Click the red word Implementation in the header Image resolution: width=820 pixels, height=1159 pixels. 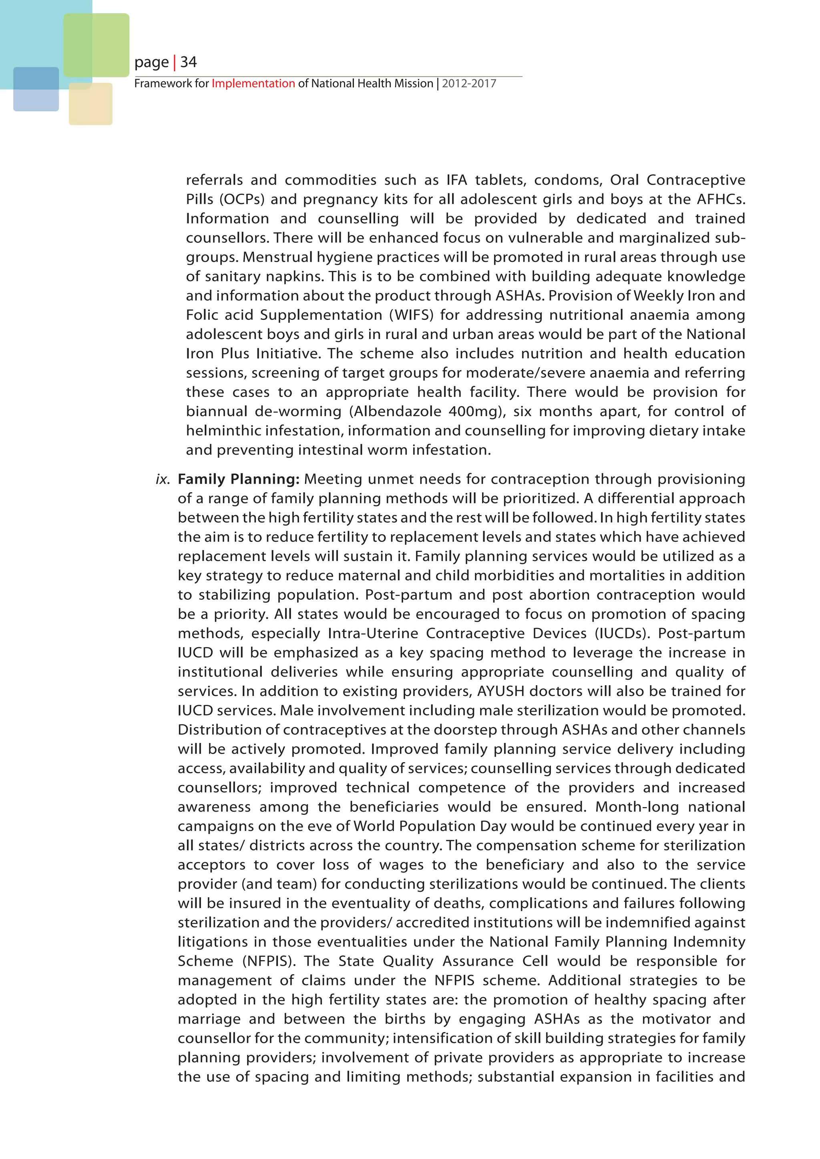(x=253, y=84)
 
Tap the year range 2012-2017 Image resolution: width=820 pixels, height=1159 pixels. (x=469, y=84)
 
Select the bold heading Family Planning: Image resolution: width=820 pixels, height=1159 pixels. (x=239, y=479)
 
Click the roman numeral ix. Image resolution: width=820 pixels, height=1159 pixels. (x=163, y=479)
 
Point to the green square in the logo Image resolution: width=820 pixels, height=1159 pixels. (x=96, y=45)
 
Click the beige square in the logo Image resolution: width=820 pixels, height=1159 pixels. (x=90, y=104)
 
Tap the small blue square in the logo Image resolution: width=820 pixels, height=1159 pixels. (x=36, y=89)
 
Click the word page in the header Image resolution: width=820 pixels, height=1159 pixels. (x=151, y=62)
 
